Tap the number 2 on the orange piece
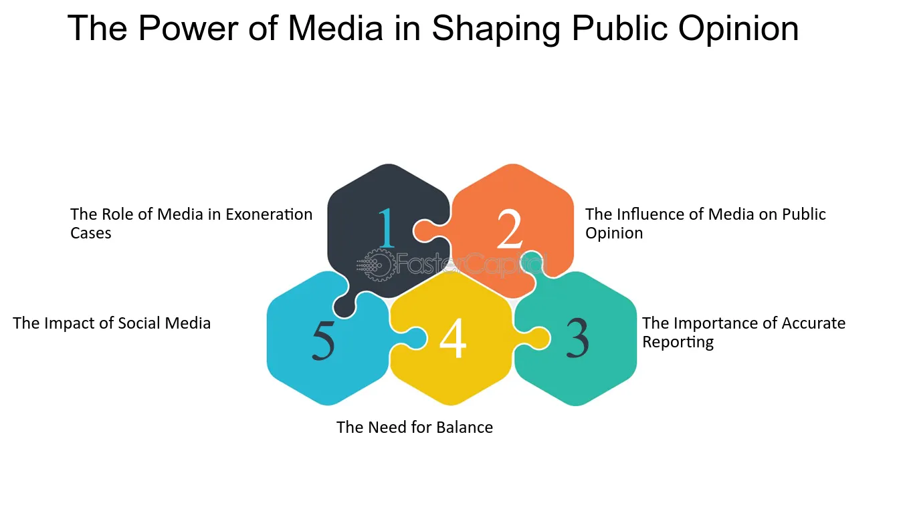pyautogui.click(x=510, y=228)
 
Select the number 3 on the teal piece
pyautogui.click(x=577, y=337)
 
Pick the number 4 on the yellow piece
pyautogui.click(x=453, y=337)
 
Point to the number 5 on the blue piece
pyautogui.click(x=323, y=339)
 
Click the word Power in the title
pyautogui.click(x=188, y=28)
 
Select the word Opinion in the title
pyautogui.click(x=738, y=29)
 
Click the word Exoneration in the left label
pyautogui.click(x=269, y=214)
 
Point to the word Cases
pyautogui.click(x=91, y=233)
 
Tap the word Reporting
pyautogui.click(x=678, y=342)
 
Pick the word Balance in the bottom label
pyautogui.click(x=464, y=428)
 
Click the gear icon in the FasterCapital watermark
pyautogui.click(x=378, y=265)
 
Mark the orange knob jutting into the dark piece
pyautogui.click(x=428, y=231)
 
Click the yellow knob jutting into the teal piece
pyautogui.click(x=534, y=338)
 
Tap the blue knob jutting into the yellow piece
pyautogui.click(x=411, y=338)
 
